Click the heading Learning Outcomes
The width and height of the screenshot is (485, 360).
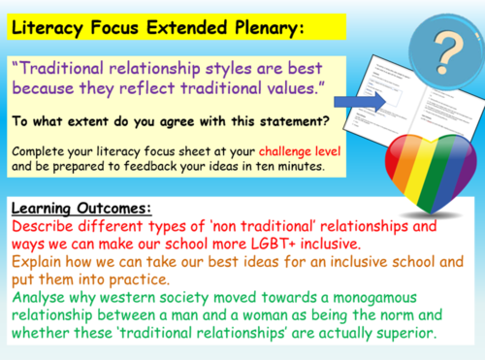click(x=84, y=208)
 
